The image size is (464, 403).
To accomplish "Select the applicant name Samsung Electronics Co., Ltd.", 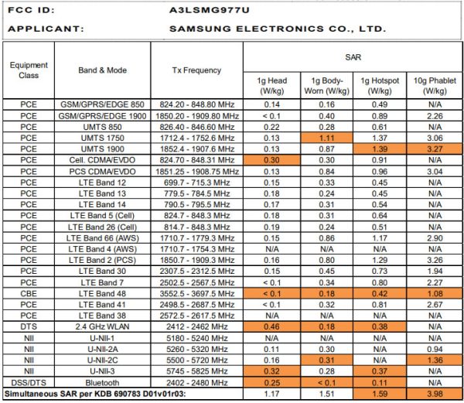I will (277, 29).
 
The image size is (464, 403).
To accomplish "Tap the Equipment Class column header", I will (29, 70).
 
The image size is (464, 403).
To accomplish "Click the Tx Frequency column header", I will (196, 70).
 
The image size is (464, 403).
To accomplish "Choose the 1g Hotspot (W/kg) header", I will (380, 85).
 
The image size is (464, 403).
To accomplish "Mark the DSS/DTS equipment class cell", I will (29, 382).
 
